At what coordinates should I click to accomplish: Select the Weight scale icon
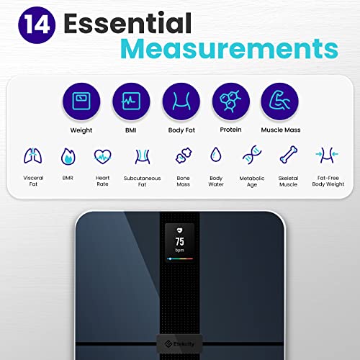tap(81, 100)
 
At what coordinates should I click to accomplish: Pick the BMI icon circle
tap(131, 100)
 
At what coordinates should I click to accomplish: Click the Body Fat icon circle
tap(180, 100)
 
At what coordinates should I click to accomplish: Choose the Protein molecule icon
tap(230, 100)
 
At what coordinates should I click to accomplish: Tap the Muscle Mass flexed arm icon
tap(279, 100)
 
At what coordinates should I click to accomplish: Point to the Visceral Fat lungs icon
tap(32, 156)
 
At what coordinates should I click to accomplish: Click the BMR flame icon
tap(67, 156)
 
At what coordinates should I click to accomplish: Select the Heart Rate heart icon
tap(102, 156)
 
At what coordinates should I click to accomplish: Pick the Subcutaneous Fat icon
tap(141, 156)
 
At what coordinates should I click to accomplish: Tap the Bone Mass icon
tap(183, 156)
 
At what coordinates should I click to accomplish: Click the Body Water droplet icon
tap(215, 156)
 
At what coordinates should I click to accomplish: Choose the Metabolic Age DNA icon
tap(252, 156)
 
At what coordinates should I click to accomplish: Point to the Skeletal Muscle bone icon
tap(287, 156)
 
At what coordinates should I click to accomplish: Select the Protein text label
tap(230, 130)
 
